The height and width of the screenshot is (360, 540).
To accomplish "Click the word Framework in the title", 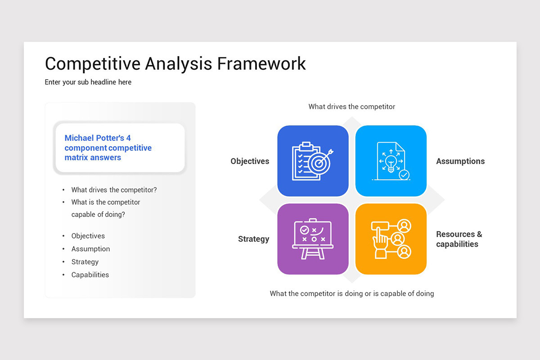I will (x=261, y=63).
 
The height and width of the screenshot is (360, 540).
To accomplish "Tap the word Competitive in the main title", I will (x=92, y=63).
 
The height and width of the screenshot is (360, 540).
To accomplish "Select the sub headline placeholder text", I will (x=88, y=82).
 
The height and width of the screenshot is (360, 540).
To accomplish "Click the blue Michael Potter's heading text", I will (x=108, y=148).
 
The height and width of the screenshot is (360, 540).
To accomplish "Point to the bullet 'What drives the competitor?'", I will (x=114, y=190).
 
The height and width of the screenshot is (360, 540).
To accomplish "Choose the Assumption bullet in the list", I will (x=90, y=249).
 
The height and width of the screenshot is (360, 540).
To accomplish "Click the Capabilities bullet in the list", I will (x=90, y=275).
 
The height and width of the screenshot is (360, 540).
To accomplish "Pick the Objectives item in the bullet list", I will (x=88, y=236).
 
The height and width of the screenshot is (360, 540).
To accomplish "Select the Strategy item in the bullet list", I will (x=85, y=262).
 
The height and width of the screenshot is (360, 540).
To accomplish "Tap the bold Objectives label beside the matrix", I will (x=250, y=161).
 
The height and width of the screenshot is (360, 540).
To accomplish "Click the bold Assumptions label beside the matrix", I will (x=460, y=161).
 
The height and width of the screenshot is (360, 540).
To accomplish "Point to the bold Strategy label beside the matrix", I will (x=253, y=239).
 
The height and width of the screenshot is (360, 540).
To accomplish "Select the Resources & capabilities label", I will (x=459, y=239).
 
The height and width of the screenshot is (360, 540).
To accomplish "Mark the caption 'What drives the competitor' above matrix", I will (x=351, y=107).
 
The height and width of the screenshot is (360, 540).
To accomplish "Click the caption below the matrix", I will (x=351, y=293).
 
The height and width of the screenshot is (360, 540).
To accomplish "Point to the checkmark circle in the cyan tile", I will (x=404, y=174).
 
